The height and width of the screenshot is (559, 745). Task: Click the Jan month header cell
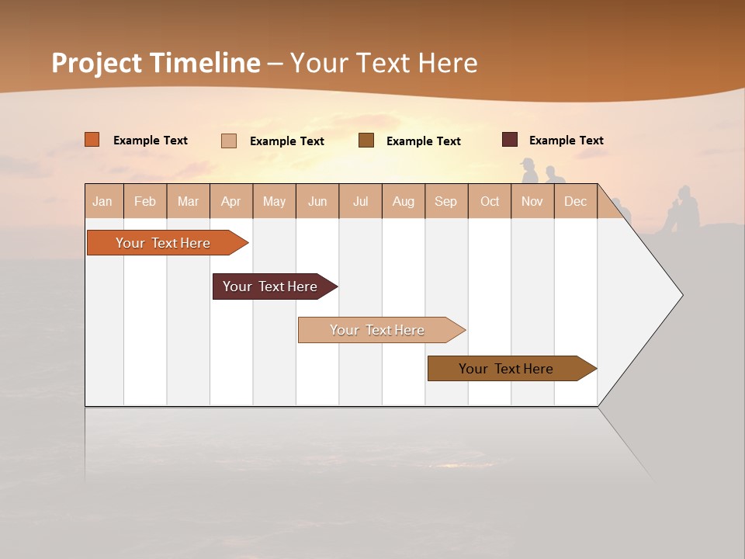(103, 202)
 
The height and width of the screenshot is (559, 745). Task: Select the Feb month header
(145, 202)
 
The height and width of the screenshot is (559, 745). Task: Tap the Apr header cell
(231, 202)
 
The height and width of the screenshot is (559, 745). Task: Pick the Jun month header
(317, 202)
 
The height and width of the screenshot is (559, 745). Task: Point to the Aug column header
(404, 202)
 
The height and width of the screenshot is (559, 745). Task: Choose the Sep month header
(446, 202)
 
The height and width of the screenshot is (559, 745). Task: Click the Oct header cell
(490, 202)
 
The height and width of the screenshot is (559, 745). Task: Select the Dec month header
(576, 202)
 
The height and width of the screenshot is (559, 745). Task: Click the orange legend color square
(92, 140)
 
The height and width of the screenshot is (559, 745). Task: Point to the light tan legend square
(229, 141)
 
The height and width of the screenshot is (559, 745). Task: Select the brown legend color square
(366, 141)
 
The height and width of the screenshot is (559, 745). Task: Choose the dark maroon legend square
(510, 140)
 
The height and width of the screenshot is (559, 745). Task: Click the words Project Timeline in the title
(155, 63)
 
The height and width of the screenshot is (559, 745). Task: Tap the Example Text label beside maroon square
(566, 141)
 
